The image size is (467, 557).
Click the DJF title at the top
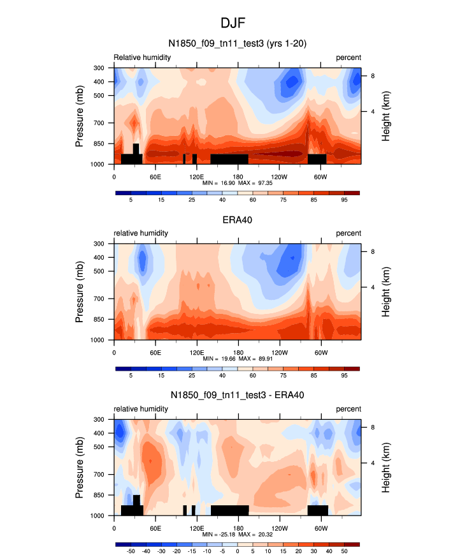(x=234, y=23)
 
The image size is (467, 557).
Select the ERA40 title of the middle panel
(x=237, y=219)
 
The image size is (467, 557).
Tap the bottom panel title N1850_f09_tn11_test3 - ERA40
(x=237, y=396)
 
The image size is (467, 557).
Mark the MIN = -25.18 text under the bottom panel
(x=215, y=534)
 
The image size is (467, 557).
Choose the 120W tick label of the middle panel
(x=278, y=352)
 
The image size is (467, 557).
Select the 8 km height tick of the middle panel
(x=372, y=251)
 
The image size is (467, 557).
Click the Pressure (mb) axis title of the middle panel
(x=80, y=292)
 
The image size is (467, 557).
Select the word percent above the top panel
(x=348, y=57)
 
